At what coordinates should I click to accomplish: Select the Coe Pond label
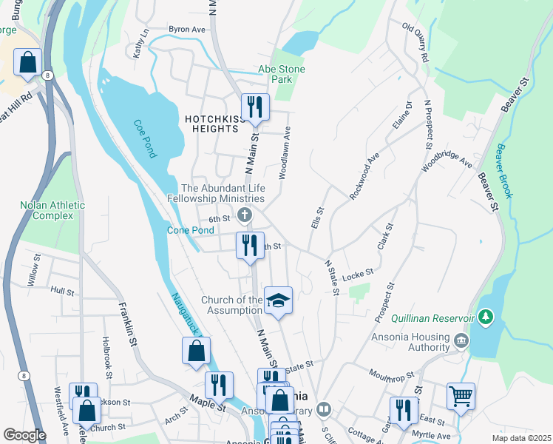click(x=145, y=138)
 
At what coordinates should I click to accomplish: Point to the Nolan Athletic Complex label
click(x=52, y=210)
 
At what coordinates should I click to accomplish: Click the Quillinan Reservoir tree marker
click(x=485, y=317)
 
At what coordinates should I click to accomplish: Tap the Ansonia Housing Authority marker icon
click(x=461, y=340)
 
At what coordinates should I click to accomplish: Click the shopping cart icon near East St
click(x=461, y=397)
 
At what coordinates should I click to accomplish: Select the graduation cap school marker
click(x=278, y=300)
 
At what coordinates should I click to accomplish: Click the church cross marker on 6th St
click(x=245, y=215)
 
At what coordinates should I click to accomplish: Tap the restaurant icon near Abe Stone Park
click(x=254, y=106)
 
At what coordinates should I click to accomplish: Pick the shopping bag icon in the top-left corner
click(x=27, y=62)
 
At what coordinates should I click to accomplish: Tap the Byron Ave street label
click(x=186, y=29)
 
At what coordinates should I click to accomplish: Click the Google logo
click(x=25, y=435)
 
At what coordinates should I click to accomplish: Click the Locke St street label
click(x=358, y=273)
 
